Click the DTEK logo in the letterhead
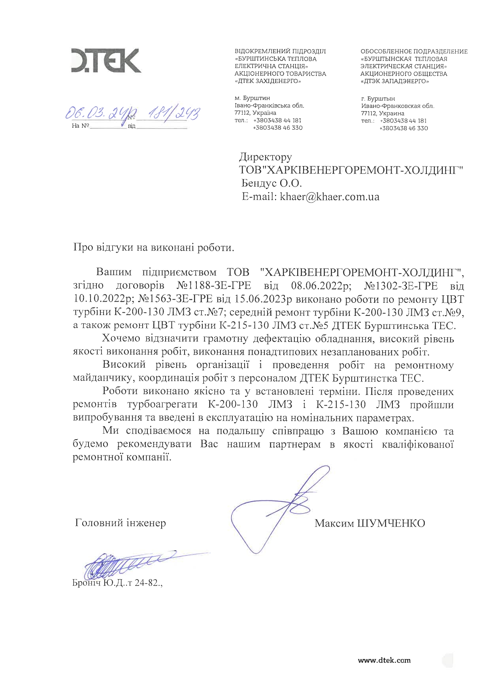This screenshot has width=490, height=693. tap(106, 60)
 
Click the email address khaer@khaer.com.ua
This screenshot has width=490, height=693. tap(330, 197)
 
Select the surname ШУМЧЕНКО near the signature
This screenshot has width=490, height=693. tap(391, 523)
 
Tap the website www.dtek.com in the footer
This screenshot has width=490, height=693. tap(384, 660)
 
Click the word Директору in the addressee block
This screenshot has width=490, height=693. tap(266, 157)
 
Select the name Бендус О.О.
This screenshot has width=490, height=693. tap(271, 183)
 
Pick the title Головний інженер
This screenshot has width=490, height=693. tap(121, 523)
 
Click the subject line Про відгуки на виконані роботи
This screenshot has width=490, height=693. tap(154, 247)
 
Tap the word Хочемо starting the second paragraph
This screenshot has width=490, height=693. tap(121, 339)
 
